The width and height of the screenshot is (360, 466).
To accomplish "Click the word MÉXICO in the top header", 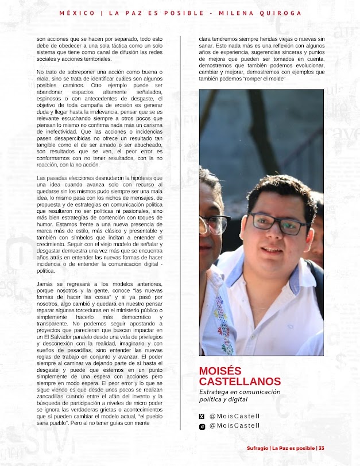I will pyautogui.click(x=76, y=13).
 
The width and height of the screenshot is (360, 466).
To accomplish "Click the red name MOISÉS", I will pyautogui.click(x=220, y=371).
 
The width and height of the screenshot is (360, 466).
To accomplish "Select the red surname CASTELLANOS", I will pyautogui.click(x=239, y=382).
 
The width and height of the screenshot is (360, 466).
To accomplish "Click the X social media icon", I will pyautogui.click(x=202, y=415).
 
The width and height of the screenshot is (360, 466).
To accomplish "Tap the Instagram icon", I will pyautogui.click(x=202, y=426).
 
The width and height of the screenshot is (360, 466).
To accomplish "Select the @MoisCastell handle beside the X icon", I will pyautogui.click(x=234, y=415).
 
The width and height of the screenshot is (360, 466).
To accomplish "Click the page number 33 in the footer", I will pyautogui.click(x=322, y=448).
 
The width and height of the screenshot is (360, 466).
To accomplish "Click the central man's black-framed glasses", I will pyautogui.click(x=277, y=223).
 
